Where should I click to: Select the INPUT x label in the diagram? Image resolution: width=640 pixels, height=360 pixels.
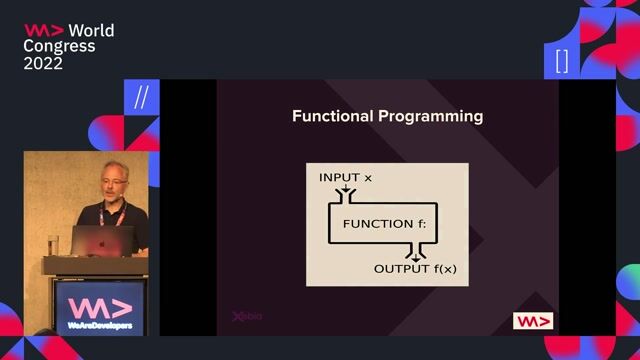345,177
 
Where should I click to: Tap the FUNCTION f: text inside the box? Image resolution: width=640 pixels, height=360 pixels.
384,224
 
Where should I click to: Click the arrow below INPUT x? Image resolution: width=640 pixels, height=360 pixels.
347,190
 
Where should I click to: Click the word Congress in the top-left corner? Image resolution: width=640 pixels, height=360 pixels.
59,46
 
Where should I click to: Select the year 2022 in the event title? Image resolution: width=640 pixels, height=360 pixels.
44,63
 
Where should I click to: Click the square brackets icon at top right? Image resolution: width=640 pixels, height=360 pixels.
561,60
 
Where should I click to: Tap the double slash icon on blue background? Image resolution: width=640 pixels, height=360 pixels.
140,97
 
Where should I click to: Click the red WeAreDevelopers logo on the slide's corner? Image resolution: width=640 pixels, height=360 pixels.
532,321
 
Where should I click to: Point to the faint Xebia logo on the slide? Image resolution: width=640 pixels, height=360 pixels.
247,317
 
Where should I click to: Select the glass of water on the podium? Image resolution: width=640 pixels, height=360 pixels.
53,244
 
